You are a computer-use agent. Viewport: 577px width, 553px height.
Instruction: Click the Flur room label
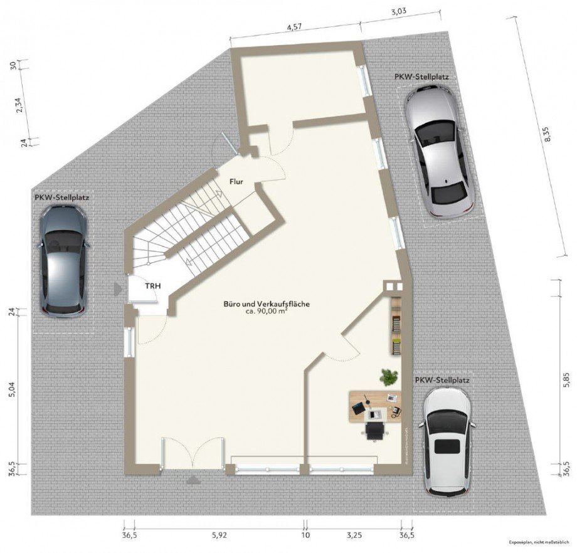click(236, 182)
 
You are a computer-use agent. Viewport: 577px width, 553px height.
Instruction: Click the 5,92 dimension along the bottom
click(219, 535)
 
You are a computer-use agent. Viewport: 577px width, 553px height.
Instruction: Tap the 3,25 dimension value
click(355, 535)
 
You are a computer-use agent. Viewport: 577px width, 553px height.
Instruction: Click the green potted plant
click(389, 377)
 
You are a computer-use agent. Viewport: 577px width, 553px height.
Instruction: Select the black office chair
click(375, 431)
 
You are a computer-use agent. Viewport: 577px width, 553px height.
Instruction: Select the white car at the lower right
click(447, 441)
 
